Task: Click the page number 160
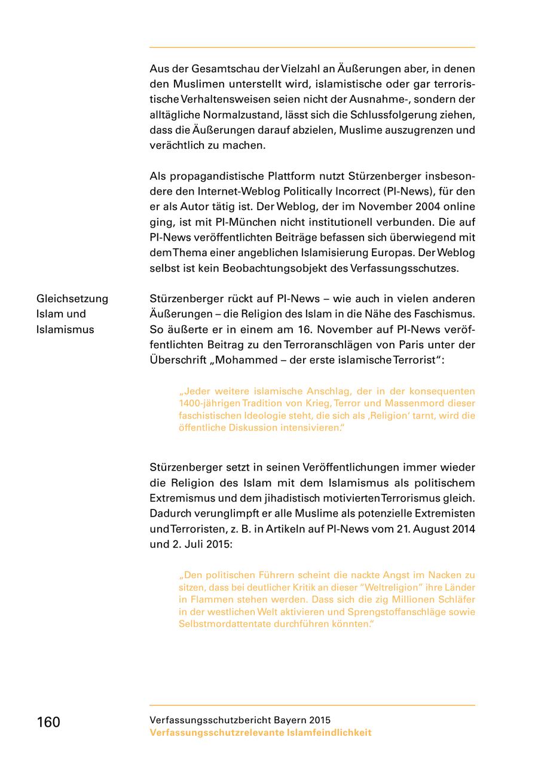48,722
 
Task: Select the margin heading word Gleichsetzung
72,299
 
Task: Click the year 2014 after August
462,529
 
